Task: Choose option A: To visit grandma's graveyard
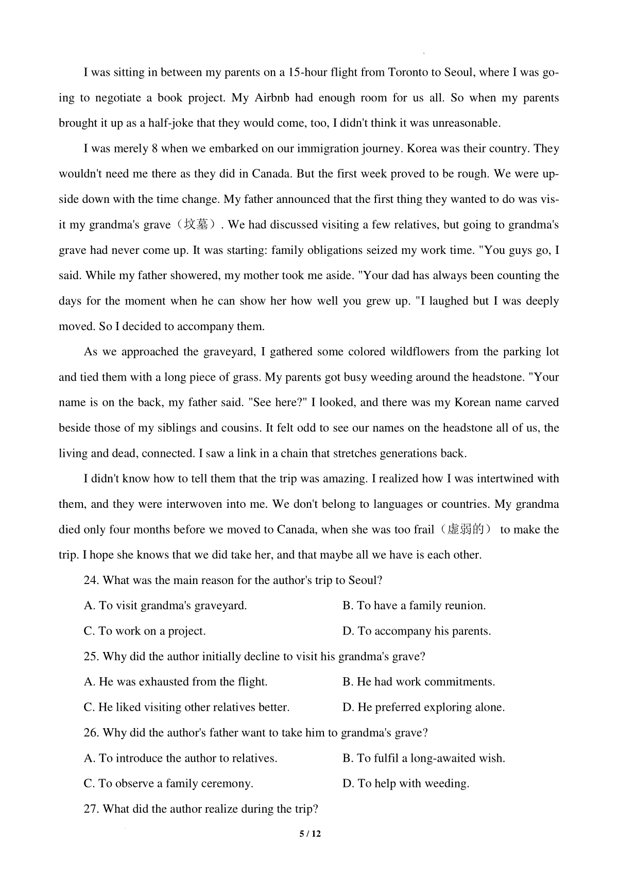[x=165, y=606]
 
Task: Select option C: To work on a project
[x=145, y=631]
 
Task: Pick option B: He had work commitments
[x=418, y=682]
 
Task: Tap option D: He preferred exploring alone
[x=423, y=707]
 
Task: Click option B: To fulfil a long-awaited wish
[x=423, y=758]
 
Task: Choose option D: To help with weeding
[x=406, y=783]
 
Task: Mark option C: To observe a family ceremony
[x=168, y=783]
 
